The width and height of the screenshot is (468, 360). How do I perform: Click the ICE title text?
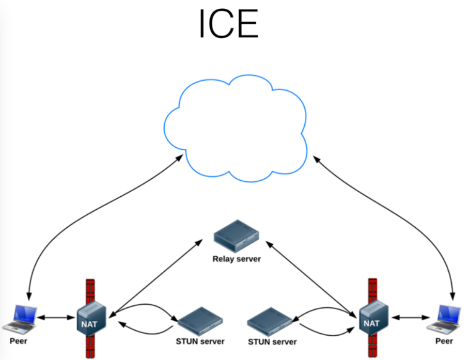coord(228,24)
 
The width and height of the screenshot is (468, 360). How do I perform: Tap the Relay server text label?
coord(237,259)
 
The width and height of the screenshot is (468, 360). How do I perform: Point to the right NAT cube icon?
coord(373,317)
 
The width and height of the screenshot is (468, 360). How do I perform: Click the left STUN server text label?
coord(200,342)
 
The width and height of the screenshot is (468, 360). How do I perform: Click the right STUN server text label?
coord(272,342)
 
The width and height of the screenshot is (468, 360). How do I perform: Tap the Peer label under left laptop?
coord(19,341)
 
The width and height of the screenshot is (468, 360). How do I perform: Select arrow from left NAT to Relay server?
coord(155,276)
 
